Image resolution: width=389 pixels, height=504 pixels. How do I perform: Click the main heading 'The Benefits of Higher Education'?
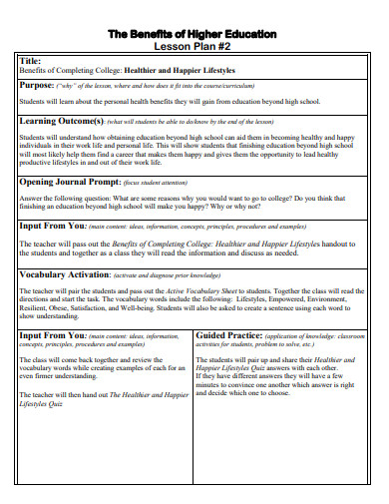[x=194, y=34]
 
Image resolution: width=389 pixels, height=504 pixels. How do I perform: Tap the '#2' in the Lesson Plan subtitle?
[x=228, y=46]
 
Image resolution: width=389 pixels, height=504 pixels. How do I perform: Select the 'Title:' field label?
[x=33, y=60]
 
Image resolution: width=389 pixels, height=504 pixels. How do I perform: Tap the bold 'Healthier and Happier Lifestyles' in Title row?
[x=180, y=70]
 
